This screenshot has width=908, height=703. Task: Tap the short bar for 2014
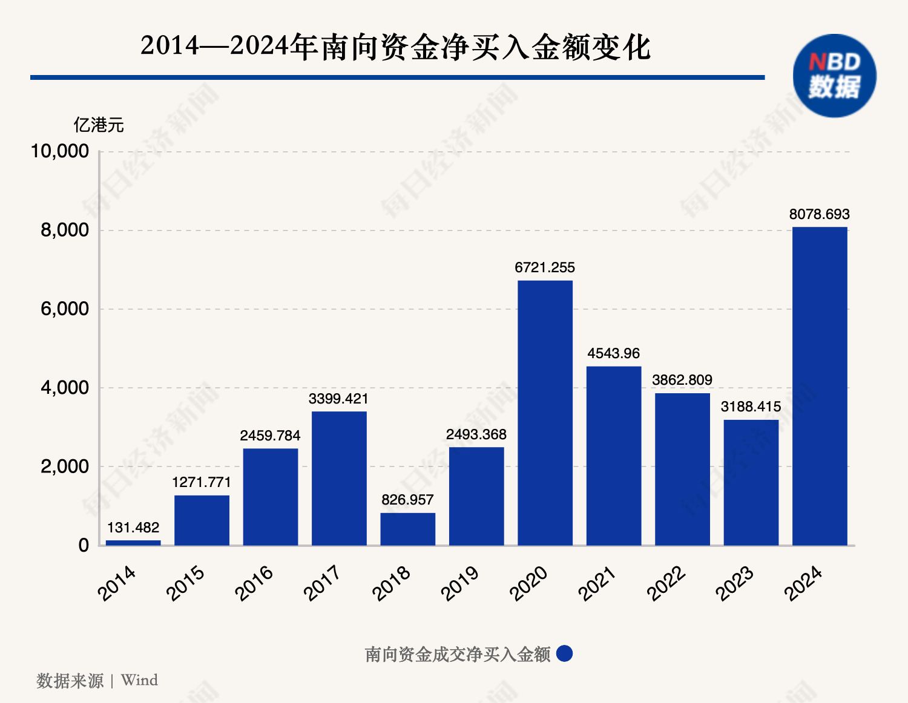(x=133, y=543)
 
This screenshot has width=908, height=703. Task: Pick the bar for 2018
(x=407, y=529)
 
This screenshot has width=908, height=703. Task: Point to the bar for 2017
(x=339, y=478)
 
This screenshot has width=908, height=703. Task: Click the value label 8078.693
(x=819, y=214)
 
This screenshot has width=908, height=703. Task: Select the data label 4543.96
(x=613, y=353)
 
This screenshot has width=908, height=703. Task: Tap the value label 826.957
(x=407, y=500)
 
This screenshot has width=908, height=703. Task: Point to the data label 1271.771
(x=202, y=482)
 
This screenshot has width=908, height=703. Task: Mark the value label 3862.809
(x=682, y=380)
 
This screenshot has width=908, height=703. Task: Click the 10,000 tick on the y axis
(x=60, y=151)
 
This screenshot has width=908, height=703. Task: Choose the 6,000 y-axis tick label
(x=65, y=309)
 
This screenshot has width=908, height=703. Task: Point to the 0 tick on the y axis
(x=84, y=545)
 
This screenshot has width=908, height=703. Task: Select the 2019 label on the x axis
(x=461, y=583)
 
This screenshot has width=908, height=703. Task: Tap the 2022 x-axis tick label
(x=666, y=583)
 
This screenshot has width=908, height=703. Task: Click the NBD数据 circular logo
(x=834, y=76)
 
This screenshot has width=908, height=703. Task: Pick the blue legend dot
(x=564, y=654)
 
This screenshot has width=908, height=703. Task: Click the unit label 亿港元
(x=99, y=125)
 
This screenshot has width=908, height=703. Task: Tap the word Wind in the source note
(x=139, y=680)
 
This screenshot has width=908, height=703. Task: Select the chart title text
(x=395, y=47)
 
